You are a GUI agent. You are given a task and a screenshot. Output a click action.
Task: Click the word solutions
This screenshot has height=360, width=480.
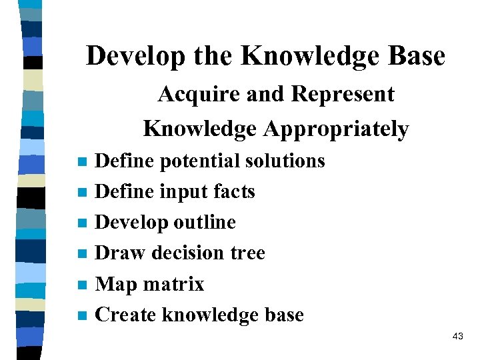[x=285, y=161]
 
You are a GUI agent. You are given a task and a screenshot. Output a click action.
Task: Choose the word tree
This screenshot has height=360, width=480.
[x=248, y=253]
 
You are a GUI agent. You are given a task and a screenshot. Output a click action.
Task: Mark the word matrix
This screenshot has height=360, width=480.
[x=173, y=284]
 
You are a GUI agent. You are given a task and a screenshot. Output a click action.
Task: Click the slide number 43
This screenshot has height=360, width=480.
[x=457, y=337]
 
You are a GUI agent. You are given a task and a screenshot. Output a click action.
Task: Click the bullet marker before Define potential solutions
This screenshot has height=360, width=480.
[x=82, y=162]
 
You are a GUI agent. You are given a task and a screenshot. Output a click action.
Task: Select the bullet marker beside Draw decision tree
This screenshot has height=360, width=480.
[x=82, y=254]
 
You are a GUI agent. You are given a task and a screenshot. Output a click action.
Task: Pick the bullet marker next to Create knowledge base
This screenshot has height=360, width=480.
[x=82, y=316]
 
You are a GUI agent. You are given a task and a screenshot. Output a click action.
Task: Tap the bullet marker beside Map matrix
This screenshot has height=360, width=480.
[x=82, y=285]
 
